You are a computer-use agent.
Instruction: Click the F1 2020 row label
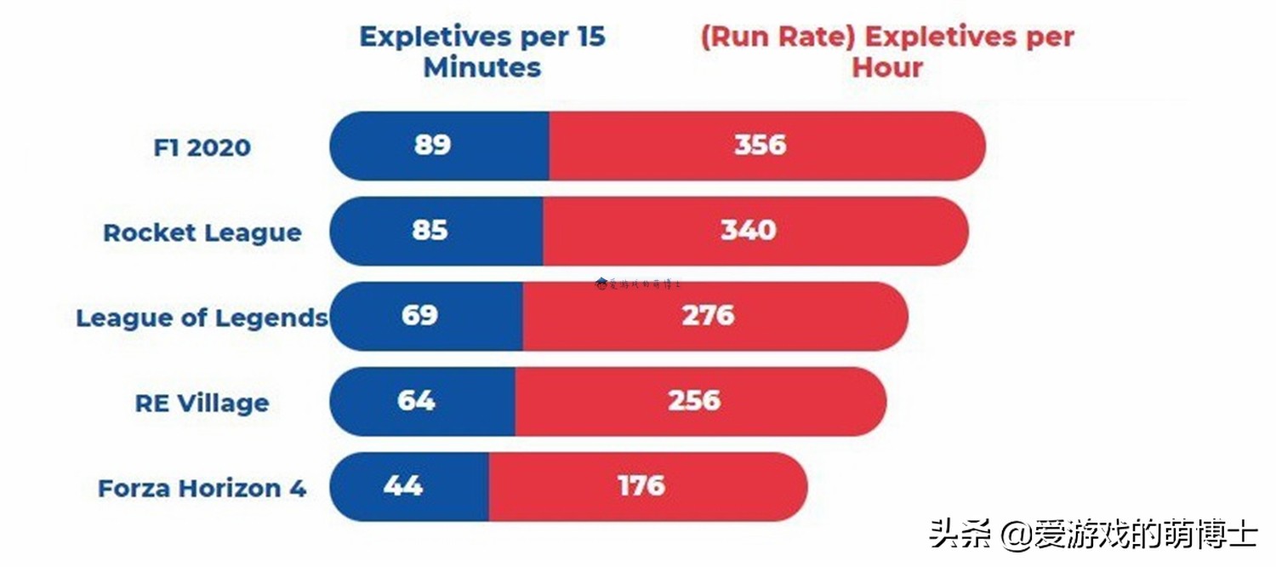click(x=202, y=147)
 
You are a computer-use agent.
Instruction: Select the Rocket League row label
click(x=202, y=232)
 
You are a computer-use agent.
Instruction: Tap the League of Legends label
click(x=202, y=318)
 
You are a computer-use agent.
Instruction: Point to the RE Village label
click(x=202, y=403)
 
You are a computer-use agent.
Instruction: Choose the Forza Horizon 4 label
click(x=202, y=489)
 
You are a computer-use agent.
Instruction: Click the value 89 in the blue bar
click(x=432, y=145)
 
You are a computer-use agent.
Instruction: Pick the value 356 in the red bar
click(x=760, y=145)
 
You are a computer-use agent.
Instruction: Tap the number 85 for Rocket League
click(x=429, y=230)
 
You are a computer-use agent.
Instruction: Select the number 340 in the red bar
click(x=749, y=230)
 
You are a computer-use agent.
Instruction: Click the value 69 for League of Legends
click(x=419, y=315)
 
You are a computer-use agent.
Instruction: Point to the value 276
click(x=708, y=315)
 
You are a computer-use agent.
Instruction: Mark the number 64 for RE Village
click(x=416, y=400)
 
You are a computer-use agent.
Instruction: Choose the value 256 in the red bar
click(x=694, y=400)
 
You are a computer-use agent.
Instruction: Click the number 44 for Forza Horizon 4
click(x=403, y=485)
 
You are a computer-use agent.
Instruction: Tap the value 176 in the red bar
click(x=641, y=485)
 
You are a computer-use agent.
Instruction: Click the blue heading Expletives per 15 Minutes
click(x=482, y=52)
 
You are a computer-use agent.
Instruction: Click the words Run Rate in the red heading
click(x=778, y=37)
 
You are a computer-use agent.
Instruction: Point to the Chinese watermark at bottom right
click(x=1093, y=534)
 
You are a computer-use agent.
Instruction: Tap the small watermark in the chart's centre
click(x=638, y=283)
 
